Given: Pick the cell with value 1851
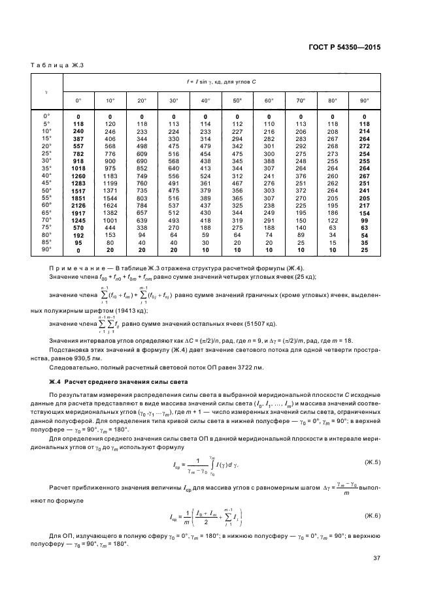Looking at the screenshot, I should point(78,197).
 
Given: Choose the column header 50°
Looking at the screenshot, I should point(237,101).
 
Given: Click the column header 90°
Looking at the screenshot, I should point(364,101).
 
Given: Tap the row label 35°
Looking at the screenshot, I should point(46,168).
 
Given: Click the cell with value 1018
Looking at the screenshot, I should point(78,168).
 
